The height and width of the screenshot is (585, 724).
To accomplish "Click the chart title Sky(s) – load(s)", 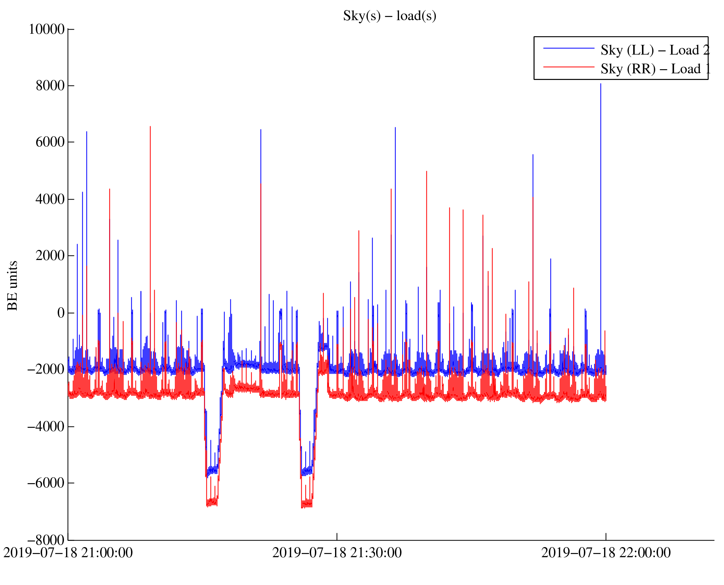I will pos(390,16).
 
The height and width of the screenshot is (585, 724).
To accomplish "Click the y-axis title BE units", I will pos(13,285).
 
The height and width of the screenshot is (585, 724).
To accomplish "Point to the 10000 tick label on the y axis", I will pos(47,29).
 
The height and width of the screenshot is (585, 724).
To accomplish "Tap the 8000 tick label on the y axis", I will pos(50,86).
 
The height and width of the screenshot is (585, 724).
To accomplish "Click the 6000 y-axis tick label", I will pos(50,142).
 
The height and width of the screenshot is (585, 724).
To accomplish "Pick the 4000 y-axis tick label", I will pos(50,199).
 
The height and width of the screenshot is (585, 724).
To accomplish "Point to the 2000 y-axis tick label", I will pos(50,255).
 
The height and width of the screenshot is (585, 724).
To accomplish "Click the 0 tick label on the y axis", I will pos(61,313).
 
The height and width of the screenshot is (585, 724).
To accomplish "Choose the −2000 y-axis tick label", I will pos(46,369).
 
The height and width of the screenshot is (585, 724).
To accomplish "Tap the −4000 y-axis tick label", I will pos(46,426).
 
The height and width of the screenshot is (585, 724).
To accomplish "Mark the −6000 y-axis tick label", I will pos(46,483).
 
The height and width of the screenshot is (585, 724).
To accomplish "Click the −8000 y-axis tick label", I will pos(46,540).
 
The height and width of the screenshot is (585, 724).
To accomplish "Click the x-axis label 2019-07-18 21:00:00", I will pos(68,553).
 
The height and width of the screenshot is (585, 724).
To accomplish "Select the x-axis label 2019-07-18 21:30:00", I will pos(337,553).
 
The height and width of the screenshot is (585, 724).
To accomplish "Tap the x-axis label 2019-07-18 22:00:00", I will pos(606,553).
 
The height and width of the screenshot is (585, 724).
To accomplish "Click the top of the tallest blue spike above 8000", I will pos(600,84).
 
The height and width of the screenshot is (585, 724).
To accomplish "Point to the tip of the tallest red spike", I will pos(150,127).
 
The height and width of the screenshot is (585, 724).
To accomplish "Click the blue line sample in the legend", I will pos(569,48).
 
